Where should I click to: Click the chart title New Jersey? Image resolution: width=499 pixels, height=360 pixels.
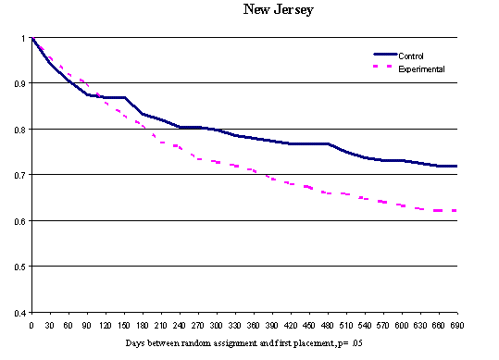pos(278,11)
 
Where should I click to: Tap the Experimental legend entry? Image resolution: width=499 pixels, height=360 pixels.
pos(421,68)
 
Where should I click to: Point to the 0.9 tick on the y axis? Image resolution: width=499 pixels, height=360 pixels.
pos(19,83)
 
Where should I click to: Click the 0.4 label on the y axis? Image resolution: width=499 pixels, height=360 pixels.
pos(19,313)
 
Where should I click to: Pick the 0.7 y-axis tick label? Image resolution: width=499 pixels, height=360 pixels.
pos(19,175)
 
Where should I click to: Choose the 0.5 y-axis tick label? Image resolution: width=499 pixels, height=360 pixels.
pos(19,267)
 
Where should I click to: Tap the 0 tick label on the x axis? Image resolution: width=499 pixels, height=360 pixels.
pos(31,325)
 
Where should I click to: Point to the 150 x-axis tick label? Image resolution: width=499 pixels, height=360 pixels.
pos(123,325)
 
